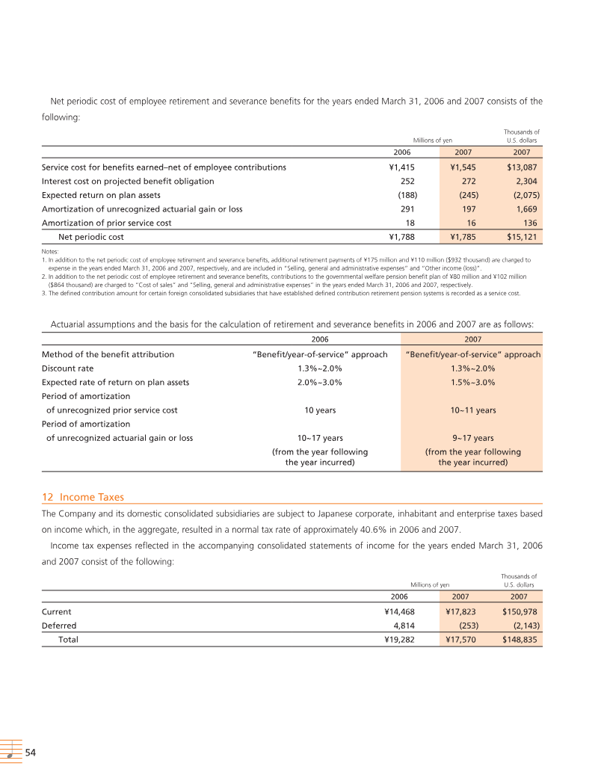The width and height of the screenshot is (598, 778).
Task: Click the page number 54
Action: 31,753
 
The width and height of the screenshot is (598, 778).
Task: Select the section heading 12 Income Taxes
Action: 83,497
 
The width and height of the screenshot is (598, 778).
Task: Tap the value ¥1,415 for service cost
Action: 402,167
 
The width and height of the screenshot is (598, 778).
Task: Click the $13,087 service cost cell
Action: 522,167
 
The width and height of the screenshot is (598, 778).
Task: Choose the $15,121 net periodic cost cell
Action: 522,237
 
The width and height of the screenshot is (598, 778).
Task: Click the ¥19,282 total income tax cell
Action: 399,640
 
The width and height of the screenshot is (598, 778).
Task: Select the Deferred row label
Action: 59,626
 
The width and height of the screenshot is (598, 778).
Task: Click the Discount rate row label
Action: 67,368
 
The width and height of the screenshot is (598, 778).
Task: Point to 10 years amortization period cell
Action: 320,410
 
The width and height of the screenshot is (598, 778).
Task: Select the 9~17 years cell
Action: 472,438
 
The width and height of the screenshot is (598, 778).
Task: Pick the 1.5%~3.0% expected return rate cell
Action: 472,382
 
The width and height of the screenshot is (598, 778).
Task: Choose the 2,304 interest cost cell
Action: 525,181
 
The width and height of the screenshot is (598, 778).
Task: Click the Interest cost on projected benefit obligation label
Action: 128,181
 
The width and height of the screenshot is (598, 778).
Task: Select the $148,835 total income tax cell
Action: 517,640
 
